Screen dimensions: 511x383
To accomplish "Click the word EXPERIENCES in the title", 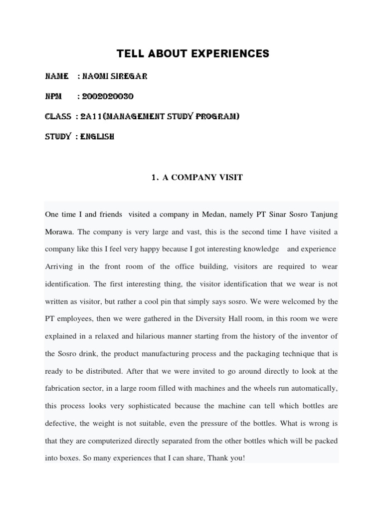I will (x=227, y=53).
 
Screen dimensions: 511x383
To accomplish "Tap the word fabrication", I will (x=64, y=389).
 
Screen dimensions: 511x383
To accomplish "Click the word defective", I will (x=60, y=424).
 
